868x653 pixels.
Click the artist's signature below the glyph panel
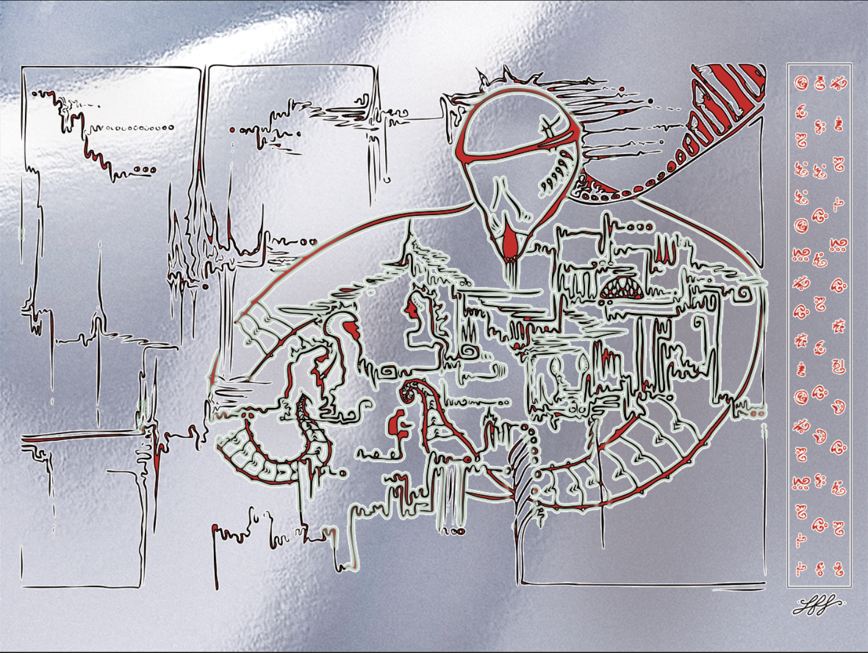coord(818,606)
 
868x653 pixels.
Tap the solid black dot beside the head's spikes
coord(651,101)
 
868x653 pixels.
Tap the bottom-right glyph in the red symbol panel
coord(839,570)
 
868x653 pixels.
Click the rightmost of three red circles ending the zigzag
coord(152,170)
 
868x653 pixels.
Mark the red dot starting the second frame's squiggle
coord(232,130)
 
